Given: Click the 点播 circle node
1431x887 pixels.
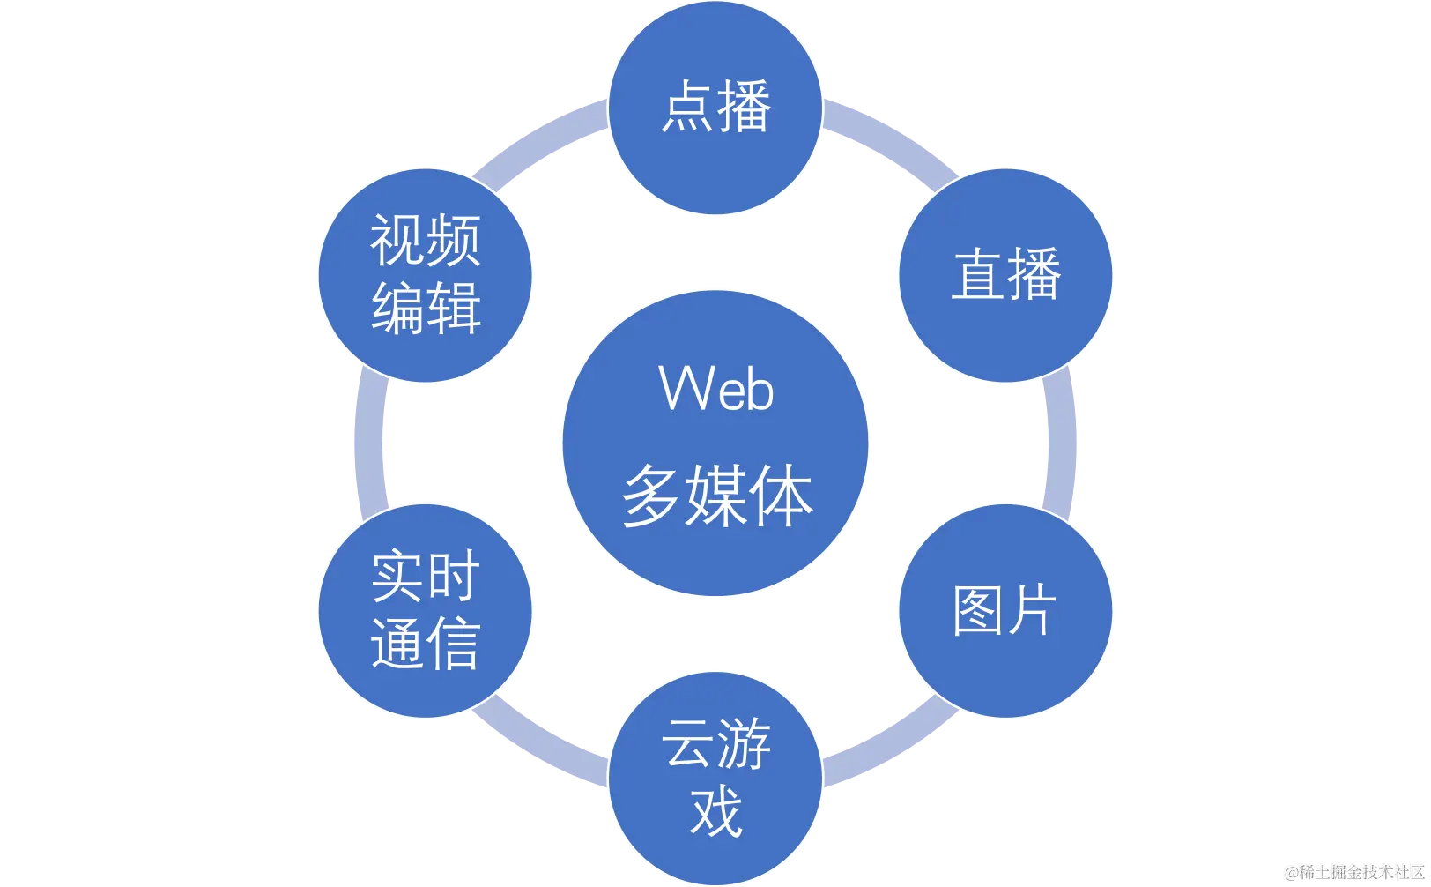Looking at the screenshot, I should (x=715, y=108).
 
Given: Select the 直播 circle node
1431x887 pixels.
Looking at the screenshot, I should (x=1005, y=275).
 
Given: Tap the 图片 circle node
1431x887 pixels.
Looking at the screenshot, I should (x=1005, y=610).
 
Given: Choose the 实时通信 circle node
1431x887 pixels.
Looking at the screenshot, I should (x=426, y=610).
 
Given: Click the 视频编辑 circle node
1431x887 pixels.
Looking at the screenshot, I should (x=426, y=275).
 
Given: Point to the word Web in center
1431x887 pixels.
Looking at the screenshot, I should (x=716, y=388).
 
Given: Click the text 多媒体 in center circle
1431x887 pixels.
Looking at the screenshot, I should (x=716, y=496).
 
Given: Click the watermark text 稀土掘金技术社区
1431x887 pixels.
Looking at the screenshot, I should (x=1353, y=872).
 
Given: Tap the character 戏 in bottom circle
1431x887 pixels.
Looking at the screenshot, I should (x=715, y=811).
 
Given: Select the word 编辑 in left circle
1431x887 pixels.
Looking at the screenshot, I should (x=426, y=309).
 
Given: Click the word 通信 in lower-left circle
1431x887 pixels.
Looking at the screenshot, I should (x=426, y=644).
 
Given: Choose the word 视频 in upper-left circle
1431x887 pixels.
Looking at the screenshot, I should (x=426, y=241).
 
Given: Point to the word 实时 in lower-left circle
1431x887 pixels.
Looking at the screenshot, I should (x=426, y=577).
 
